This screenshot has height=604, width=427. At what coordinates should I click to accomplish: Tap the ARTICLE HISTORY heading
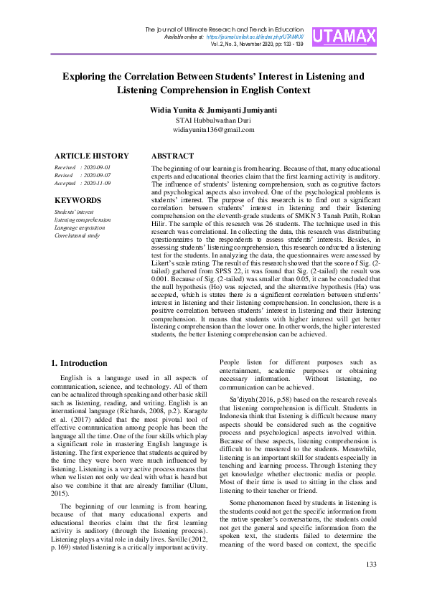click(x=92, y=156)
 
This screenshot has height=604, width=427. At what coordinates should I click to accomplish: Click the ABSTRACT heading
click(x=173, y=156)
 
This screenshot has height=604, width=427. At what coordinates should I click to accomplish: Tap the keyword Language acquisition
click(x=80, y=227)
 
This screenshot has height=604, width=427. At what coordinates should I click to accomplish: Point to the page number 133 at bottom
click(x=371, y=585)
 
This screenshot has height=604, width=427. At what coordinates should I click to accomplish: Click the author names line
click(x=213, y=109)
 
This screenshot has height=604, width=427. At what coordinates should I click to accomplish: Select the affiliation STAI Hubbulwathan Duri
click(x=213, y=120)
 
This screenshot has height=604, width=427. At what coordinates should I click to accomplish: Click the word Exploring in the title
click(x=86, y=75)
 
